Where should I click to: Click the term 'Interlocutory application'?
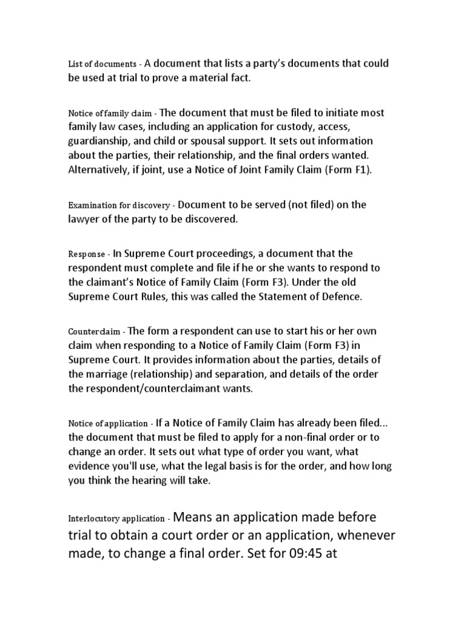[116, 519]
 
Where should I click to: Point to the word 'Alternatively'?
[98, 170]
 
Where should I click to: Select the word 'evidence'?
[88, 467]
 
